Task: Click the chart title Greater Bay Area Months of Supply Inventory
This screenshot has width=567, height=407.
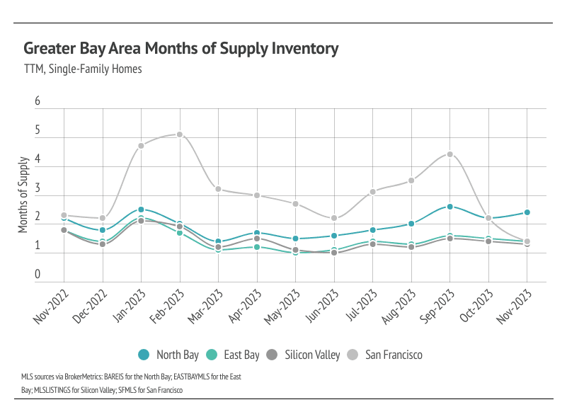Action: pos(181,49)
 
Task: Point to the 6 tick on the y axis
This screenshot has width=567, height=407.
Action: pos(38,103)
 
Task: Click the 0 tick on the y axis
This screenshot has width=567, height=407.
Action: pos(38,275)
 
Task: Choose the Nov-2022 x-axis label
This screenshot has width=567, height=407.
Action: pos(53,306)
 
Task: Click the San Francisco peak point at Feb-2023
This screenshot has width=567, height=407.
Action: pos(180,134)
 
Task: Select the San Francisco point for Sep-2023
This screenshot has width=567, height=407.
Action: pos(449,154)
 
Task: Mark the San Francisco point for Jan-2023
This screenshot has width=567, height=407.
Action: pos(141,146)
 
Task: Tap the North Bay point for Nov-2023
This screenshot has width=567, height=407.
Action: pos(527,212)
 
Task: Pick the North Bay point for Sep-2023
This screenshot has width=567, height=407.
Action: pos(449,207)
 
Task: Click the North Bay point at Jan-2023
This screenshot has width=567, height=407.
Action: pos(141,210)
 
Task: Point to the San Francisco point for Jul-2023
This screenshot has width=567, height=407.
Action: pos(372,192)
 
